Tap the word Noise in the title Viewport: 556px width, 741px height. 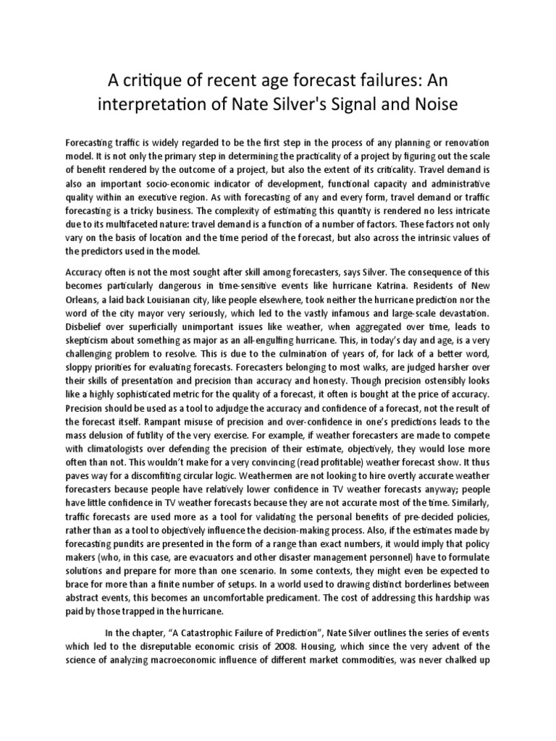pos(429,103)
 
